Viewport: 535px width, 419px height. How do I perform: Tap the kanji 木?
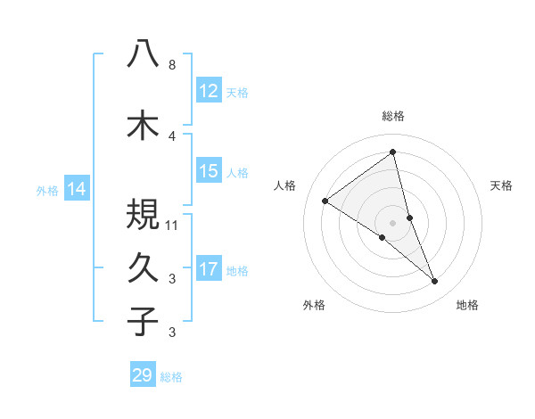tap(143, 124)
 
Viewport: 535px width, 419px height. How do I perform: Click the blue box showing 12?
tap(208, 91)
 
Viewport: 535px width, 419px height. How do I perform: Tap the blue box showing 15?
tap(208, 171)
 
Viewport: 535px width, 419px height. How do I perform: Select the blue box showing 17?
tap(208, 269)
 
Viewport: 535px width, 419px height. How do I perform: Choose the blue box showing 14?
tap(77, 189)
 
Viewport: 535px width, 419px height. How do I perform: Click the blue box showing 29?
tap(143, 375)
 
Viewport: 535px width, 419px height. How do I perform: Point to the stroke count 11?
tap(174, 225)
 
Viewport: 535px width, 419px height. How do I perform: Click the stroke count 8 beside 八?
tap(172, 65)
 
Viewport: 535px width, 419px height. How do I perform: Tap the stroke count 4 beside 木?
tap(172, 136)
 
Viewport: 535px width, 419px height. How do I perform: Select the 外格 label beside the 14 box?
tap(47, 190)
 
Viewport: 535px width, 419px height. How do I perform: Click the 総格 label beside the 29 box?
tap(172, 377)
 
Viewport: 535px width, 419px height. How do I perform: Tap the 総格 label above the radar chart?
tap(393, 116)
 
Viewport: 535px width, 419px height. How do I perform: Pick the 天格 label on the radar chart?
tap(501, 185)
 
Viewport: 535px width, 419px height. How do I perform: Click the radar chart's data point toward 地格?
tap(435, 282)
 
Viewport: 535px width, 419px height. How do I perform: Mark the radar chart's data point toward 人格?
tap(325, 201)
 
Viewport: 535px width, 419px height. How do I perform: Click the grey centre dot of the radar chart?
tap(392, 222)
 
